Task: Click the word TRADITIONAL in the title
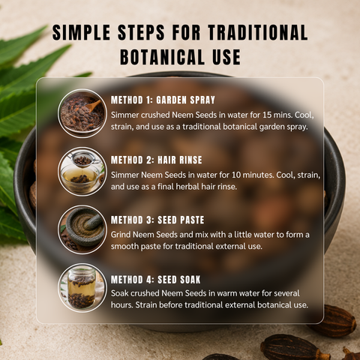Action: tap(258, 32)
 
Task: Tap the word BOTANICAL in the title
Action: tap(163, 57)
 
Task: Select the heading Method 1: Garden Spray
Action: tap(163, 100)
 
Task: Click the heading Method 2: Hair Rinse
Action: tap(157, 160)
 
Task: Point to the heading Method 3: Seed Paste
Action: tap(157, 220)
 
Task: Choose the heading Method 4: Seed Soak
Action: tap(156, 280)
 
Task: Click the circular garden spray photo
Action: tap(82, 113)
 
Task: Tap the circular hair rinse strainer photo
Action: tap(82, 172)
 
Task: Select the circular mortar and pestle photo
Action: tap(82, 229)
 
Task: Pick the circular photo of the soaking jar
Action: tap(82, 288)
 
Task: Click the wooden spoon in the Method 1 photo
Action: tap(93, 106)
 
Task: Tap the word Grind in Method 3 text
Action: tap(121, 235)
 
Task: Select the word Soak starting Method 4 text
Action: tap(119, 293)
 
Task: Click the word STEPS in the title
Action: tap(141, 32)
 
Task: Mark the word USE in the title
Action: tap(226, 57)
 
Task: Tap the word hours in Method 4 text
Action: tap(121, 305)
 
